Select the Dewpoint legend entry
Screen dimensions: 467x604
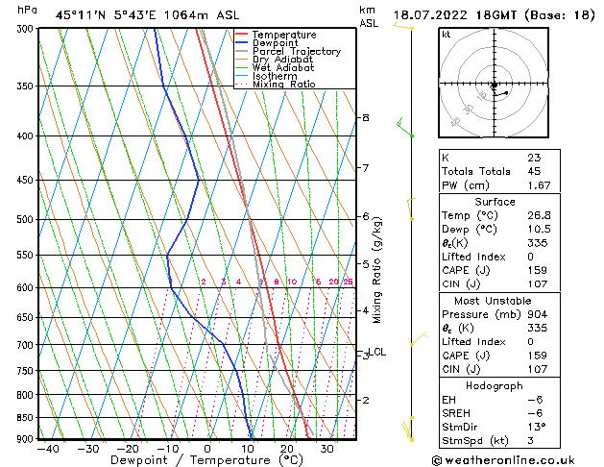click(x=278, y=43)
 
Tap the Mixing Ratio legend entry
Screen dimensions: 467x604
click(x=284, y=85)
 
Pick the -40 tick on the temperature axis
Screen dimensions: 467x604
click(x=46, y=448)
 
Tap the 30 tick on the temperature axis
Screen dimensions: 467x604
click(x=327, y=448)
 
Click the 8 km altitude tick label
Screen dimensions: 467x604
click(x=365, y=117)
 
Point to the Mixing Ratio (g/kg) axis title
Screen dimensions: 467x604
click(x=377, y=270)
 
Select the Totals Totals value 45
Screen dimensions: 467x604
click(x=534, y=172)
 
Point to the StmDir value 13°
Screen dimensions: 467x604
click(x=537, y=427)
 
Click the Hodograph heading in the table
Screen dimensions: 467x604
click(x=495, y=385)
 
